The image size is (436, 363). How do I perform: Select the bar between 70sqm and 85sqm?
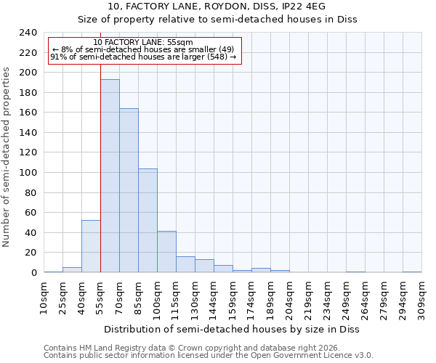(x=129, y=190)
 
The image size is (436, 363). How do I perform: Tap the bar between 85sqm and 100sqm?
(x=148, y=221)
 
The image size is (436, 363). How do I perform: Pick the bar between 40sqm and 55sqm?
(x=91, y=246)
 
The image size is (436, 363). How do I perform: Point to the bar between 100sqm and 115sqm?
(x=166, y=252)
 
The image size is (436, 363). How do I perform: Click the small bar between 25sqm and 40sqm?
(x=72, y=270)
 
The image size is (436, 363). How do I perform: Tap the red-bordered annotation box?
(x=144, y=50)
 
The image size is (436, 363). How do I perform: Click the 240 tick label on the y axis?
(x=28, y=33)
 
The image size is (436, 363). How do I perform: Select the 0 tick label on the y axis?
(x=33, y=273)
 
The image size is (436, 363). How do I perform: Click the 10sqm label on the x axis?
(x=44, y=298)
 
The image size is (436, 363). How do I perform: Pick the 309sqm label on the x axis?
(x=421, y=298)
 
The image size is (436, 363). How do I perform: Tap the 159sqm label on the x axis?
(x=233, y=298)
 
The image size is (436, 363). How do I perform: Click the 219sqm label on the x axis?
(x=308, y=298)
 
